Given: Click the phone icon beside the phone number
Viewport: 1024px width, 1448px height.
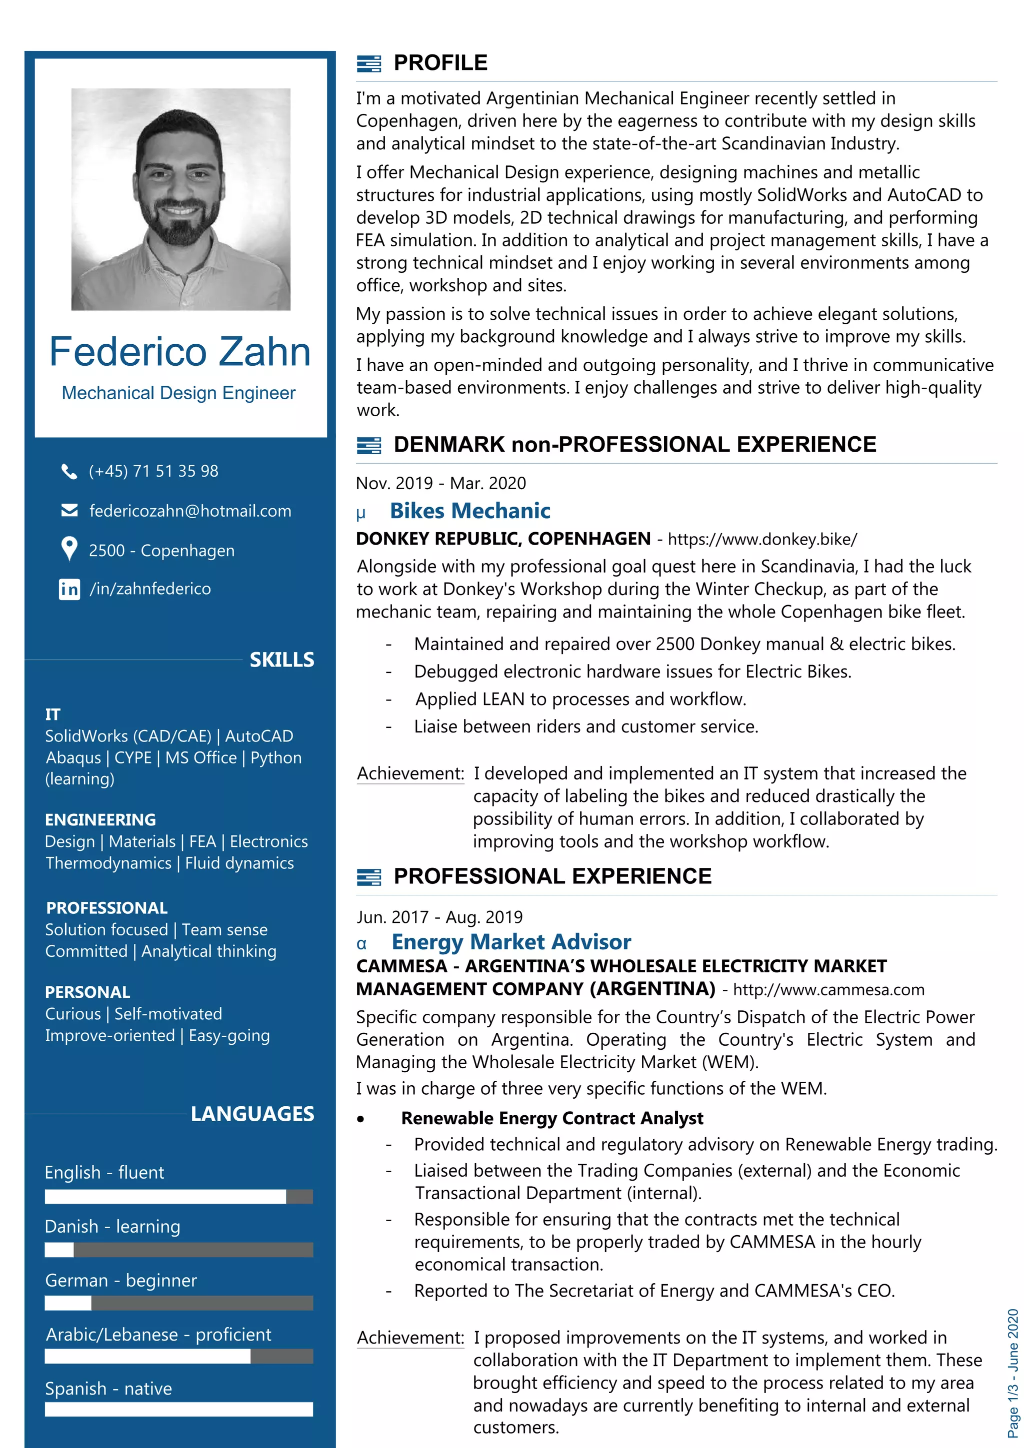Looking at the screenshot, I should coord(69,471).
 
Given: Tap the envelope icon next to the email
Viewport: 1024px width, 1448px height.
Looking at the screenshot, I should coord(69,510).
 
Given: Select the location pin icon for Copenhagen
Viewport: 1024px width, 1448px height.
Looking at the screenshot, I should coord(69,549).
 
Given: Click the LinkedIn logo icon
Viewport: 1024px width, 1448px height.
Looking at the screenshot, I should coord(69,589).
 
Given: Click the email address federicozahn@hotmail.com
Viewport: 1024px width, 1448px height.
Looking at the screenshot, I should coord(190,511).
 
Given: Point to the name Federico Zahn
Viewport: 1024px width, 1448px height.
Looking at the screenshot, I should coord(180,351).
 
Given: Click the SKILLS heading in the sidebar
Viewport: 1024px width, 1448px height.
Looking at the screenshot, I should coord(281,660).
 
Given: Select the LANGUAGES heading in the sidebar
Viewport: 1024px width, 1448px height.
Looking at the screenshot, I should coord(252,1114).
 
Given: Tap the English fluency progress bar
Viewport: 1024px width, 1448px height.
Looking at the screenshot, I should coord(178,1196).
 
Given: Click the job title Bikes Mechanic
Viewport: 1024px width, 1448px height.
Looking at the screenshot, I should coord(469,511).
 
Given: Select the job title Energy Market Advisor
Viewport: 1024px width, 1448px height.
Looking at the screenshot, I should coord(511,941).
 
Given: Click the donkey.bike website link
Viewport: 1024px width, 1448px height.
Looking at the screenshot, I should coord(762,539).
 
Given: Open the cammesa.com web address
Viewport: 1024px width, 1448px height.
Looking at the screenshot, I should coord(828,989).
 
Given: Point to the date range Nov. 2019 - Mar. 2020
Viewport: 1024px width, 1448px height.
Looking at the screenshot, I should coord(440,483).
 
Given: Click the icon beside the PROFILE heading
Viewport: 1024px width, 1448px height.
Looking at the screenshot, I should coord(368,63).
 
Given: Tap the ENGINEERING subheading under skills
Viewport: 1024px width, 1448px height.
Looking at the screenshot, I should coord(100,819).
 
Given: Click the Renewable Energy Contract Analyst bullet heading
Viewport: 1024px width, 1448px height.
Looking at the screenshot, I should coord(551,1118).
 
